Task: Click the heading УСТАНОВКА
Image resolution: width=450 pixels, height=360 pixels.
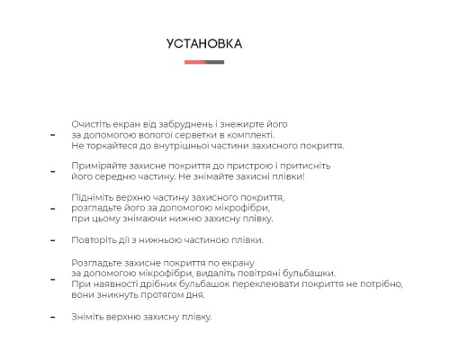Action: coord(204,43)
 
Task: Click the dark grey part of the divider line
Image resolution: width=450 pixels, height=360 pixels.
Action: coord(214,62)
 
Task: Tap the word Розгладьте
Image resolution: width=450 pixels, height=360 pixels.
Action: coord(97,262)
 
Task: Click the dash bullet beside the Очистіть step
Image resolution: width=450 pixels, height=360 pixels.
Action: coord(52,135)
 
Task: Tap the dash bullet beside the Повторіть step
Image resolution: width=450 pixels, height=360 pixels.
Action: coord(52,241)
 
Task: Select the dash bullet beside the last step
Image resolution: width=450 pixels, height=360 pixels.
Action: coord(52,318)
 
